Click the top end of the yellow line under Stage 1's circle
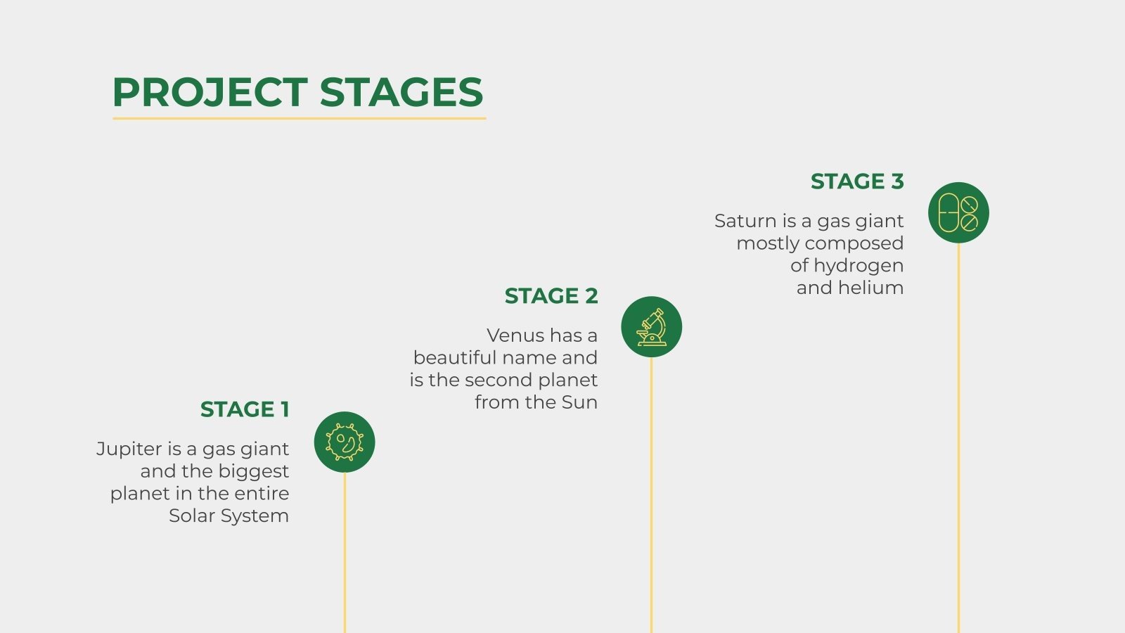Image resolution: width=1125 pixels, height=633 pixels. tap(345, 473)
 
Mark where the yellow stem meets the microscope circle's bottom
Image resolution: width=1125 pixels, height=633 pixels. tap(651, 358)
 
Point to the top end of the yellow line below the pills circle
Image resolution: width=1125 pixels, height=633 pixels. tap(958, 243)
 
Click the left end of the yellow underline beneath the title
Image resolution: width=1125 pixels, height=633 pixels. tap(113, 119)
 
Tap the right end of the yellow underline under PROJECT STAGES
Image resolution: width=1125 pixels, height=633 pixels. tap(486, 119)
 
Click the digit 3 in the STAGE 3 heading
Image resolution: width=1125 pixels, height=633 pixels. tap(897, 181)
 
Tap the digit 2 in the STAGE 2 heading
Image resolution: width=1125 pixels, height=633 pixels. tap(591, 296)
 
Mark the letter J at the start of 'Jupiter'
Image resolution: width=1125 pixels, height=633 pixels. tap(101, 449)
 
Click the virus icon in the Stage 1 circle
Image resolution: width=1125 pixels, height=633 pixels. tap(345, 442)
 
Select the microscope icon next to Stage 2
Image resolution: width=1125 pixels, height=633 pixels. tap(652, 327)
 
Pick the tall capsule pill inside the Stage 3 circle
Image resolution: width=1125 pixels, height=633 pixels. tap(949, 213)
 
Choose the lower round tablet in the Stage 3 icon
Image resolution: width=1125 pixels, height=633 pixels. tap(970, 222)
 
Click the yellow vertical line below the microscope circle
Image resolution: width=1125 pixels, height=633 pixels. tap(651, 495)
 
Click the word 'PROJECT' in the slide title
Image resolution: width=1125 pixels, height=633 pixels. tap(210, 92)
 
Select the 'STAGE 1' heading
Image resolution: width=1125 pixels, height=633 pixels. tap(245, 409)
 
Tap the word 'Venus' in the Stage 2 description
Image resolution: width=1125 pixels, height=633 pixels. tap(515, 335)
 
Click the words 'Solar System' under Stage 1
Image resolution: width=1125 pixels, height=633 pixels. tap(229, 516)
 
